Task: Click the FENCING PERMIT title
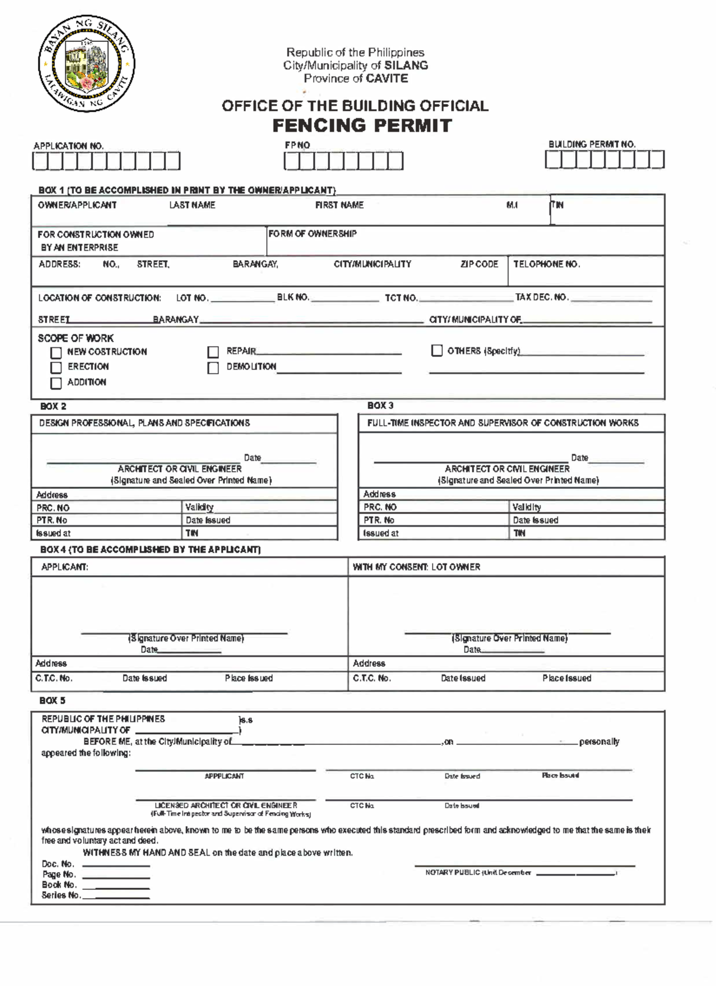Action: pos(362,126)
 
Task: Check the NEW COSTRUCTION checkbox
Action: pos(56,353)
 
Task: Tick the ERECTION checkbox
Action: pos(56,368)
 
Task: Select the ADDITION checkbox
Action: pos(56,383)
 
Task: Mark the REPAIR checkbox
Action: pos(213,352)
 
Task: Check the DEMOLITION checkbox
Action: pos(213,368)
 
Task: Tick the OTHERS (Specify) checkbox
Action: pos(437,351)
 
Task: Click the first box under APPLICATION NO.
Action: pos(40,161)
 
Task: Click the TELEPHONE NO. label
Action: pos(547,264)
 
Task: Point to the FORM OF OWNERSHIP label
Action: pos(313,234)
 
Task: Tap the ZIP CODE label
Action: pos(479,264)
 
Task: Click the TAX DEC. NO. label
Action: pos(542,297)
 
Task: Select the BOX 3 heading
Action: pos(380,406)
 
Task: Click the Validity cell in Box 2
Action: pos(199,507)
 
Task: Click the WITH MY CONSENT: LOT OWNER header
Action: pos(416,567)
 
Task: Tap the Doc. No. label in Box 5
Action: pos(58,864)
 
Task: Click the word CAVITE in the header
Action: pos(387,78)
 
